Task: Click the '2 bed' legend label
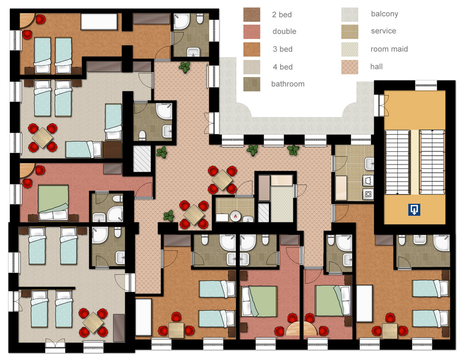click(282, 15)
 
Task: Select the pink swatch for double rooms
click(252, 32)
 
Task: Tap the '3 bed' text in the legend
click(282, 49)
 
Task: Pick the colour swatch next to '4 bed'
click(252, 67)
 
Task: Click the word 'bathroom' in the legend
click(287, 84)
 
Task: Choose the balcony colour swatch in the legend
click(350, 15)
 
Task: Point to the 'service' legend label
click(383, 31)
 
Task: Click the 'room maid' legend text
click(389, 49)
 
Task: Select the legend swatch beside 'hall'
click(350, 67)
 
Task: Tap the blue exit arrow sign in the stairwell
click(414, 210)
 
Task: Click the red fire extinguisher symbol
click(235, 216)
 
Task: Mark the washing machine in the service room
click(368, 194)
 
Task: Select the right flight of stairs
click(432, 162)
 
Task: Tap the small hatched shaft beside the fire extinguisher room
click(263, 212)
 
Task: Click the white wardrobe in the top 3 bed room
click(99, 21)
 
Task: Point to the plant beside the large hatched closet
click(162, 152)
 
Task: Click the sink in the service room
click(369, 164)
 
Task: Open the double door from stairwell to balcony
click(383, 105)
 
